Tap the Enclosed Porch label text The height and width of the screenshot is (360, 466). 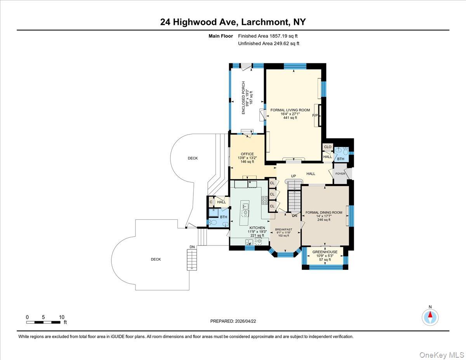tap(243, 97)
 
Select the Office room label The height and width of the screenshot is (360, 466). tap(247, 154)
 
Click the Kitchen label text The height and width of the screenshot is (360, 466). tap(257, 228)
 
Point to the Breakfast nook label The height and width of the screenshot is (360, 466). tap(283, 230)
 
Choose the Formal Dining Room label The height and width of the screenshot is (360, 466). tap(323, 212)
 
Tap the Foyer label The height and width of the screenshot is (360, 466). tap(340, 174)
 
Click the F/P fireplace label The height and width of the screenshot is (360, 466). tap(315, 116)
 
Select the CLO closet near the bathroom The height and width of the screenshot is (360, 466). tap(327, 147)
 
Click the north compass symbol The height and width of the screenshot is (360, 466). tap(430, 317)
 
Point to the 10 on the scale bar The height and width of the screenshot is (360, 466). tap(61, 317)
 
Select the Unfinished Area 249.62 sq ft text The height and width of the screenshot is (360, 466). tap(268, 43)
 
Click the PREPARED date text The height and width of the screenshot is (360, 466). tap(233, 321)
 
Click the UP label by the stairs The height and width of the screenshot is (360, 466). tap(294, 176)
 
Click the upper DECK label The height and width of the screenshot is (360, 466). tap(193, 158)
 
